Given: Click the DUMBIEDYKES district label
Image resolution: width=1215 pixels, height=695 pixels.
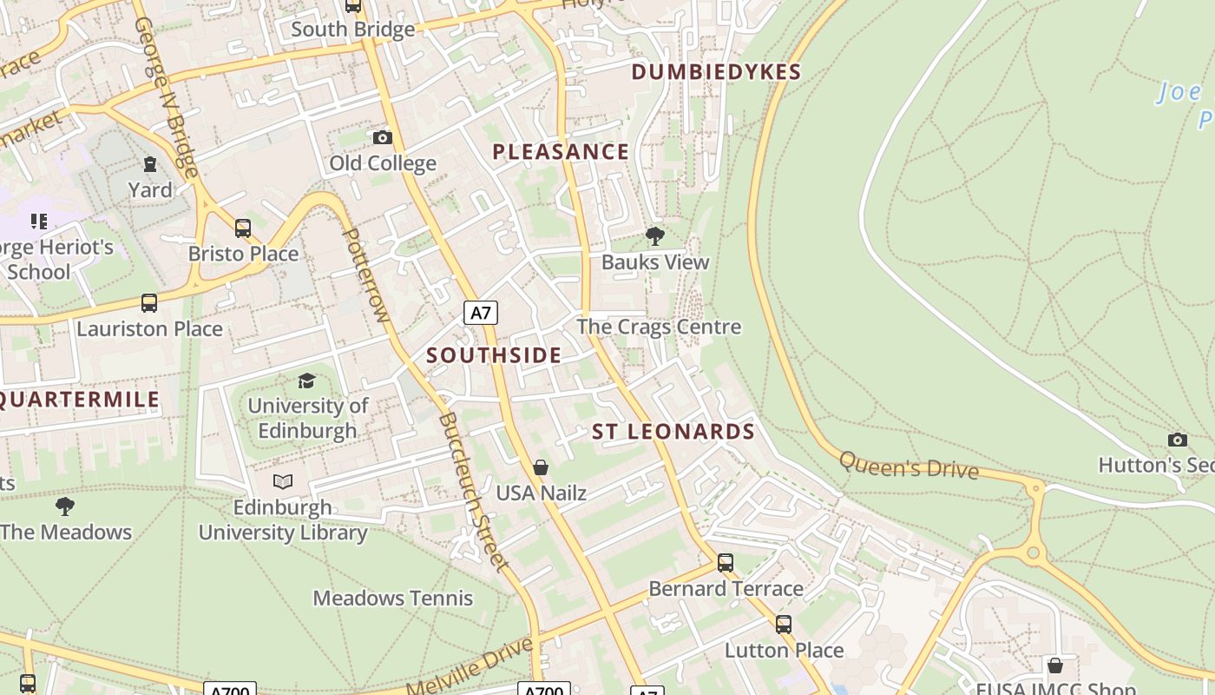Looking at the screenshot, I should point(716,72).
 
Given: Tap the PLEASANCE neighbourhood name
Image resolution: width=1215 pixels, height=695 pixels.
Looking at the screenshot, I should point(561,152).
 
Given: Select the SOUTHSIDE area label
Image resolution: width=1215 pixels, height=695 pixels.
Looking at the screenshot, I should point(494,355).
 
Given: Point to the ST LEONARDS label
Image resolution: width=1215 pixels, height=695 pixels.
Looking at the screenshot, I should point(673,432).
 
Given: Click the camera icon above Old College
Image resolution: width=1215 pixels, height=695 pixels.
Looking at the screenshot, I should point(382,137).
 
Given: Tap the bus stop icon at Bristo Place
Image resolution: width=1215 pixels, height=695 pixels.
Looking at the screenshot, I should point(243,228).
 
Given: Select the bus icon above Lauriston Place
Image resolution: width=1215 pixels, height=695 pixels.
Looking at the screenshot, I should point(149,303).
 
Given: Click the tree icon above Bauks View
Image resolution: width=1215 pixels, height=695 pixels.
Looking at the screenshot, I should point(655,235).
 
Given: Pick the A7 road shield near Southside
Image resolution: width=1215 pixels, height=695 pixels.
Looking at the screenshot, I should point(480,313).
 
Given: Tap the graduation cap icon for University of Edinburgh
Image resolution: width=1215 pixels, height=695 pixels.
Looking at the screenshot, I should point(306,381).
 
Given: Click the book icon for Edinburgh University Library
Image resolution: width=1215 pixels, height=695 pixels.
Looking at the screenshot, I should point(283,481).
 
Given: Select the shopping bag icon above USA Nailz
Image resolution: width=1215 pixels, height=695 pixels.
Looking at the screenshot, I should point(541,468).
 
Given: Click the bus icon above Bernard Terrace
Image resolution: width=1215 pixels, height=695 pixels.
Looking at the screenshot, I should point(726,563).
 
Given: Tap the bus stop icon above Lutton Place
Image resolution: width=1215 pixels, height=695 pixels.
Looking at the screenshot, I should point(784,625).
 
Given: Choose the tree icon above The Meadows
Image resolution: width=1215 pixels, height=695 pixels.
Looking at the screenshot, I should point(65,506).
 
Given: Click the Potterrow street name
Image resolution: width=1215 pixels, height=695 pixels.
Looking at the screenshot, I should point(364,275).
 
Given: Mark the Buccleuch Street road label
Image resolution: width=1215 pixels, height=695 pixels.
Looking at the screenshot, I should point(473,491).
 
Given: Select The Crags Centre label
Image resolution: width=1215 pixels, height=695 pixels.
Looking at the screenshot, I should point(660,328).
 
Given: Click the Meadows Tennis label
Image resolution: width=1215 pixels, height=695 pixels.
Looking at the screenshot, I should point(393,598).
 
